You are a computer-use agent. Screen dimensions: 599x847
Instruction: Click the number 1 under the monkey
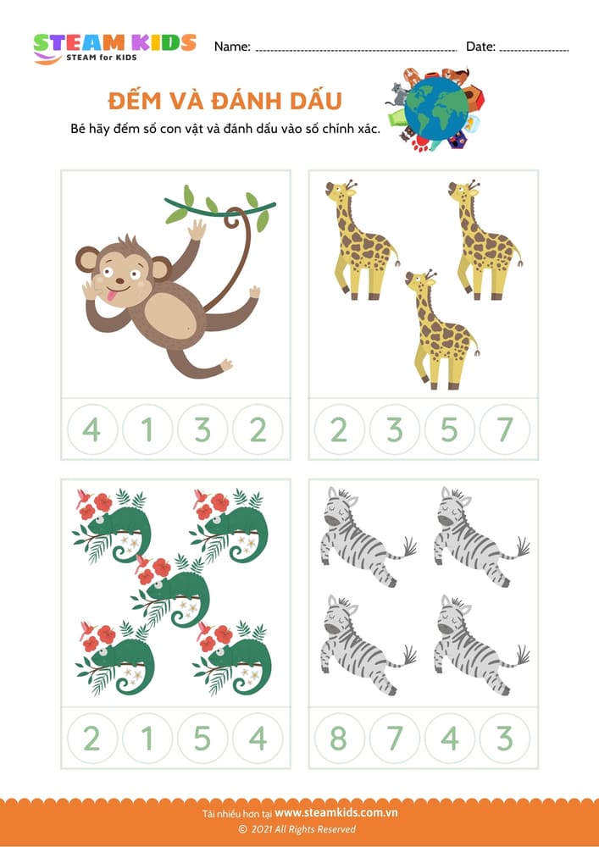pyautogui.click(x=147, y=430)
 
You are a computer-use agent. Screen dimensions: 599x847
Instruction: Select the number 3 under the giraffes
pyautogui.click(x=395, y=430)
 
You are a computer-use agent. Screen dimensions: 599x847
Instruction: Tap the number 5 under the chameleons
pyautogui.click(x=202, y=739)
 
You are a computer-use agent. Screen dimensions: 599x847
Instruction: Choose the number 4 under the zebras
pyautogui.click(x=450, y=739)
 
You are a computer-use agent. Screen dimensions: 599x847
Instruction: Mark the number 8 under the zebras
pyautogui.click(x=339, y=739)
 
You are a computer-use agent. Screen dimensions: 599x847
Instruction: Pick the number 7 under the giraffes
pyautogui.click(x=505, y=430)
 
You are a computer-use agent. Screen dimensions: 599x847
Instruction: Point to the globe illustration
pyautogui.click(x=435, y=108)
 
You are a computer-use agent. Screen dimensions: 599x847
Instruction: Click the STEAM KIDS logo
pyautogui.click(x=114, y=48)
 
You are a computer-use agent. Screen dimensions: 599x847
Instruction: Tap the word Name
pyautogui.click(x=232, y=47)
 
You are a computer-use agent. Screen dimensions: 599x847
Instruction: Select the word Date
pyautogui.click(x=480, y=47)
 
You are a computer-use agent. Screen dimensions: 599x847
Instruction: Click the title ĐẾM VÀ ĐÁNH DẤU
pyautogui.click(x=225, y=102)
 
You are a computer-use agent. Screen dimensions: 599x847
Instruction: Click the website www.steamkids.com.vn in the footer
pyautogui.click(x=336, y=812)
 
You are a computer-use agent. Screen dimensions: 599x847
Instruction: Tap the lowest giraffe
pyautogui.click(x=441, y=329)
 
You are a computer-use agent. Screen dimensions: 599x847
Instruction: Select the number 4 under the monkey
pyautogui.click(x=92, y=430)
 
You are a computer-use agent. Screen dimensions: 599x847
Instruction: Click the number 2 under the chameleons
pyautogui.click(x=92, y=739)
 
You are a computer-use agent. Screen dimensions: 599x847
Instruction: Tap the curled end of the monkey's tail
pyautogui.click(x=233, y=221)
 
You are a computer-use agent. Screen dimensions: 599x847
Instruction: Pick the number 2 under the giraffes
pyautogui.click(x=339, y=430)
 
